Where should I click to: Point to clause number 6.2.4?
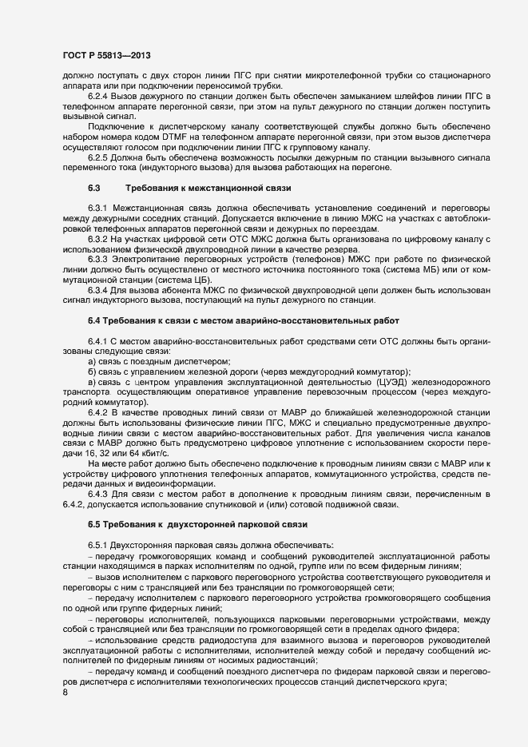(101, 96)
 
